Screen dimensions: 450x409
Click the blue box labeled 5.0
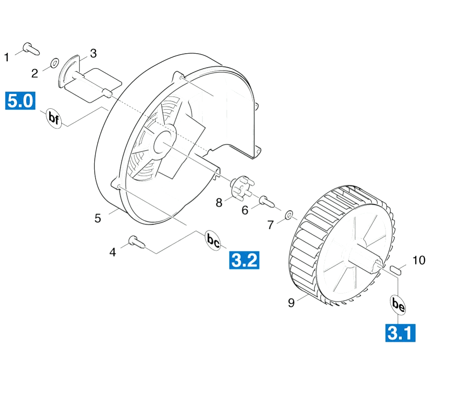pos(20,101)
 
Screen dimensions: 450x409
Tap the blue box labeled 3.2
pos(244,260)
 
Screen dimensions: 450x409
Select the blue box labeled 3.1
pos(400,333)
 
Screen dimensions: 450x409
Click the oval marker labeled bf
pos(54,118)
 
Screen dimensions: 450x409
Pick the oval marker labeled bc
pos(213,240)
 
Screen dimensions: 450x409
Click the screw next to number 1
pos(31,49)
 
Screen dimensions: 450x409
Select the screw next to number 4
pos(137,242)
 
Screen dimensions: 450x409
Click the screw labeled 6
pos(267,201)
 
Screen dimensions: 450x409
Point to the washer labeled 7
pos(289,214)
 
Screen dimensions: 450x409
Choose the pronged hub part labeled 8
pos(243,187)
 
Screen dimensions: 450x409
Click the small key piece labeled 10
pos(395,270)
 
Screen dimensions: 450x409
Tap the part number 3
pos(93,53)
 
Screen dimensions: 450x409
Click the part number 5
pos(98,218)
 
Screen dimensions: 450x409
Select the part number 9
pos(291,303)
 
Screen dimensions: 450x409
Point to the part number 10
pos(419,260)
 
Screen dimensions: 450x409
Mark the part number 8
pos(219,202)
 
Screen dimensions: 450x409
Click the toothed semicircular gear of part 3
pos(67,71)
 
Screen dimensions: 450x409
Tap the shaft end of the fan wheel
pos(378,265)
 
